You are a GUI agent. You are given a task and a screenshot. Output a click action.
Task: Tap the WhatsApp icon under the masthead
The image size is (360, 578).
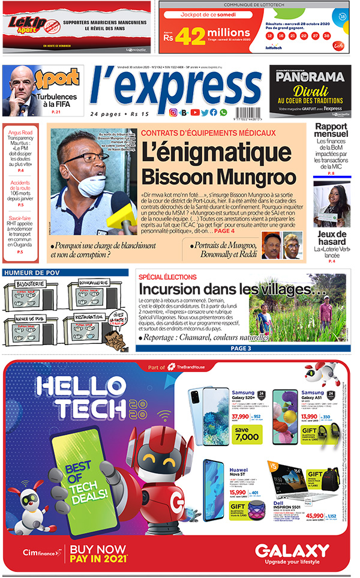[x=224, y=112]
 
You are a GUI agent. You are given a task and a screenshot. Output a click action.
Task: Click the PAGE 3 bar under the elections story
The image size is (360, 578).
[x=241, y=348]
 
